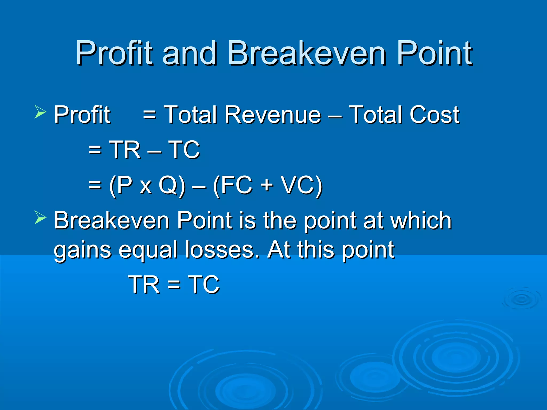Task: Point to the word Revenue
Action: coord(272,115)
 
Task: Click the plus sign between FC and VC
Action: coord(267,185)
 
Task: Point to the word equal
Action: coord(148,250)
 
